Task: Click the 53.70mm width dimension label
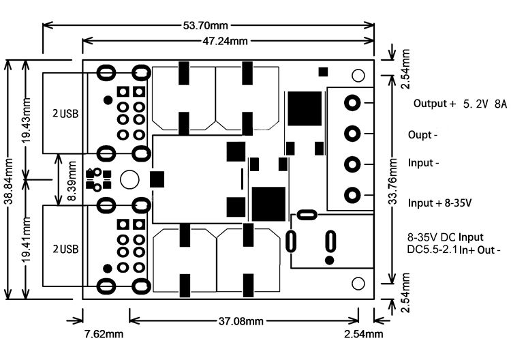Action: click(x=205, y=25)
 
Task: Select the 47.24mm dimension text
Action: click(x=225, y=41)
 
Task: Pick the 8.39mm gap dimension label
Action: click(x=72, y=180)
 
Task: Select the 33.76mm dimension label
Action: click(x=392, y=181)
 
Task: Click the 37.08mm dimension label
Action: click(x=241, y=322)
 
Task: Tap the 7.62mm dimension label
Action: click(x=104, y=334)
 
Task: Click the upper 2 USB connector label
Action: click(x=65, y=113)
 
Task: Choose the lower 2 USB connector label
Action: click(x=65, y=249)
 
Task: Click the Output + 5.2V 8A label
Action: click(x=460, y=104)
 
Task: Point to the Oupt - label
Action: click(x=422, y=135)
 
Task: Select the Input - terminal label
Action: click(x=423, y=163)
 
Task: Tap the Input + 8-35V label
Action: click(x=439, y=203)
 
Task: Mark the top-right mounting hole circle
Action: click(x=358, y=76)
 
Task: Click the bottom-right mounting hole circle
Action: click(x=358, y=284)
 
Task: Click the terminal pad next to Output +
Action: click(x=352, y=103)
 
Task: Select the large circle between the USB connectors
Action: click(x=129, y=179)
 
